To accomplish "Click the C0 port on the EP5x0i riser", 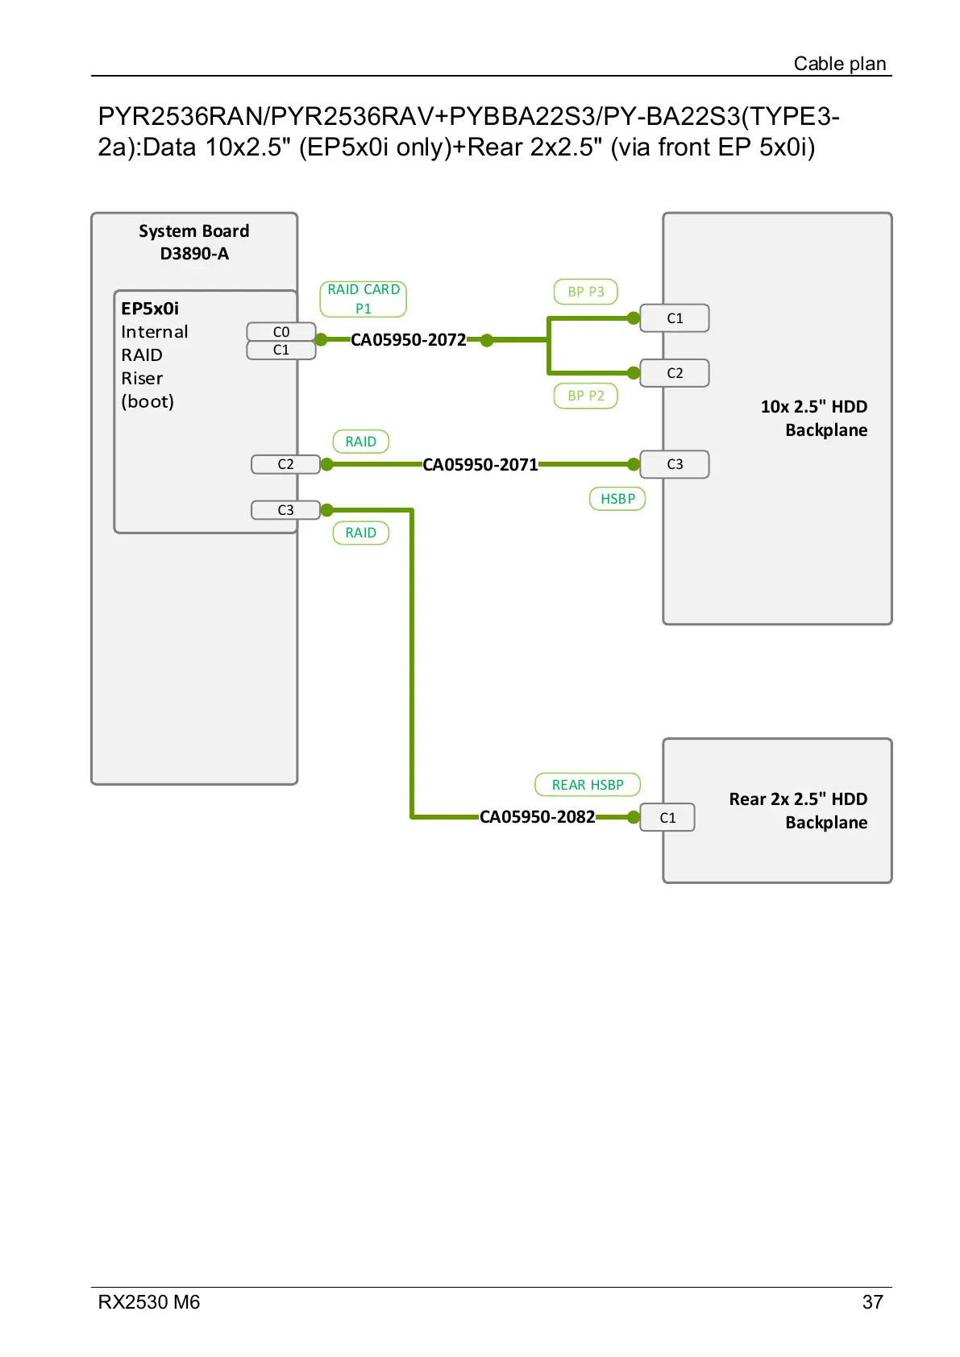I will [x=281, y=332].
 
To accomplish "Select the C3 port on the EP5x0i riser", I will [x=285, y=510].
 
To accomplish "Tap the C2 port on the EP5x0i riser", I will [x=285, y=464].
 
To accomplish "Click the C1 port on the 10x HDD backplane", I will [x=675, y=318].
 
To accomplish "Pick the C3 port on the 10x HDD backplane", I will [x=675, y=464].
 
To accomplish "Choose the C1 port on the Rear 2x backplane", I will [x=667, y=818].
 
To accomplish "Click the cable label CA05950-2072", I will [x=408, y=340].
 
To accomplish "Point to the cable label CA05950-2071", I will [x=480, y=465].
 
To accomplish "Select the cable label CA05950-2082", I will [x=537, y=817].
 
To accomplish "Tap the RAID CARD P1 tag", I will [x=364, y=299].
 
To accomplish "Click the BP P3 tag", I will [x=586, y=292].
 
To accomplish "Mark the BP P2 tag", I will [x=586, y=396].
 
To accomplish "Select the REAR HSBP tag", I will [x=588, y=785].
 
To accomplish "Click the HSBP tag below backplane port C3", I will [x=617, y=499].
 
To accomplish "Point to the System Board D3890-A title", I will [x=194, y=243].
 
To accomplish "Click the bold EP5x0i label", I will [x=150, y=309].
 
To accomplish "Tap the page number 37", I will [x=872, y=1302].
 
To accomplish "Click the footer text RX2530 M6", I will [x=149, y=1302].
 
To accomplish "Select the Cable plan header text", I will [x=839, y=64].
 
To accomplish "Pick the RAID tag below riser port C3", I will [x=361, y=533].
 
